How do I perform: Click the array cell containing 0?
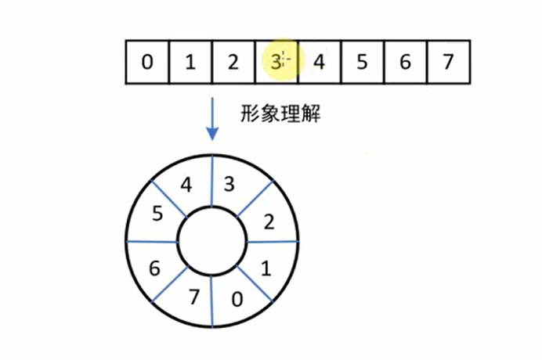tap(148, 61)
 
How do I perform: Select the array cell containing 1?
tap(190, 61)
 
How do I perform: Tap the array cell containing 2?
tap(233, 61)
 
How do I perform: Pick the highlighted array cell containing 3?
tap(276, 61)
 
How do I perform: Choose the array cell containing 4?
tap(319, 61)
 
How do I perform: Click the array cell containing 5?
tap(362, 61)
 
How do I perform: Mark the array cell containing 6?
tap(404, 61)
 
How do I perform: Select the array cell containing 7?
tap(446, 61)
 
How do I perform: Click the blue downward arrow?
tap(212, 117)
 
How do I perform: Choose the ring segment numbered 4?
tap(186, 185)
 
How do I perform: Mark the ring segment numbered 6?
tap(155, 268)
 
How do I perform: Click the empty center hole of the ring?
tap(211, 242)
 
